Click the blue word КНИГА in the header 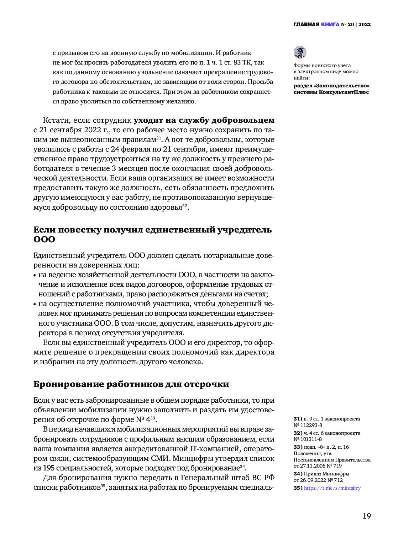click(x=330, y=25)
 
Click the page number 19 click(x=366, y=516)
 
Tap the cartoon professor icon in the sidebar click(x=300, y=52)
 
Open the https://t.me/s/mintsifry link click(x=332, y=488)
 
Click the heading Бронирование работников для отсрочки click(x=131, y=384)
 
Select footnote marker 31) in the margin click(x=298, y=419)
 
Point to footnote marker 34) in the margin click(x=298, y=474)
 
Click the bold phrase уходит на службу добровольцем click(x=204, y=120)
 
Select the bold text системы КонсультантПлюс click(x=331, y=92)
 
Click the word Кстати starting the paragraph click(x=57, y=120)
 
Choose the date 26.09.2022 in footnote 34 click(x=314, y=480)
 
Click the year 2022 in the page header click(x=365, y=25)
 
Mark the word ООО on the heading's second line click(x=44, y=239)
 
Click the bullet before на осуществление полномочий click(x=35, y=304)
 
